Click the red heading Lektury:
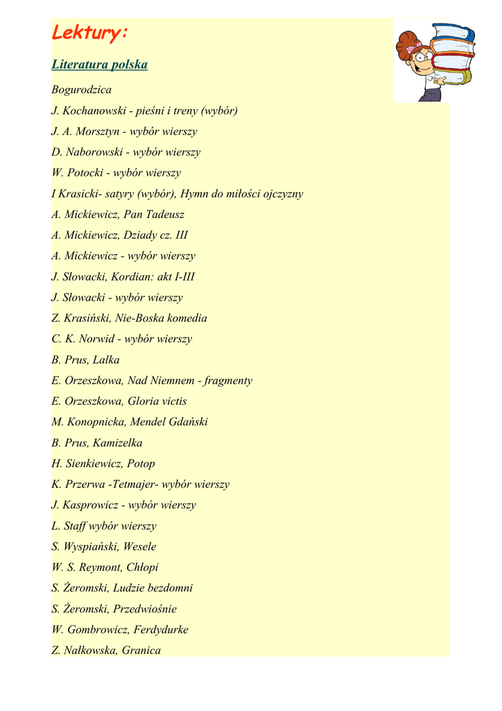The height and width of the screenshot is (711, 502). (90, 33)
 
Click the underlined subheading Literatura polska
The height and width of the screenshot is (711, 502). (99, 65)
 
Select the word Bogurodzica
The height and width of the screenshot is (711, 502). (81, 90)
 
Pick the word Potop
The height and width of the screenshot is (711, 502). (141, 463)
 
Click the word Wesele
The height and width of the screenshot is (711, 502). (140, 546)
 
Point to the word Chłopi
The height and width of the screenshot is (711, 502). (142, 567)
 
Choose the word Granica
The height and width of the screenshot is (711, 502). (141, 651)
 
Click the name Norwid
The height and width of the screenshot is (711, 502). (101, 339)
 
